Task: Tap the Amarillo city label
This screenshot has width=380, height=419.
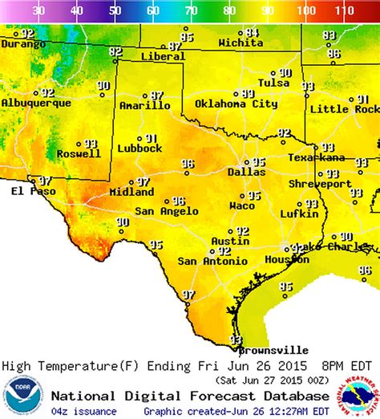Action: (144, 105)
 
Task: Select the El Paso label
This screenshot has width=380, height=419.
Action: (27, 191)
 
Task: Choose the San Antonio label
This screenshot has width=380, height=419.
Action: (209, 261)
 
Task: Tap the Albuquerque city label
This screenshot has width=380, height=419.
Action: (30, 103)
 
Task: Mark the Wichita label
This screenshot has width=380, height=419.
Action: (241, 42)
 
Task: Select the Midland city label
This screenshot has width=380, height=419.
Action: (131, 193)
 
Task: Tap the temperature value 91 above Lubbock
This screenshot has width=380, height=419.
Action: (150, 138)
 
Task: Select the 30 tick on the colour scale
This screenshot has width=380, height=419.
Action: (38, 11)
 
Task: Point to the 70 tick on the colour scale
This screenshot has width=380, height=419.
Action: (191, 11)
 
